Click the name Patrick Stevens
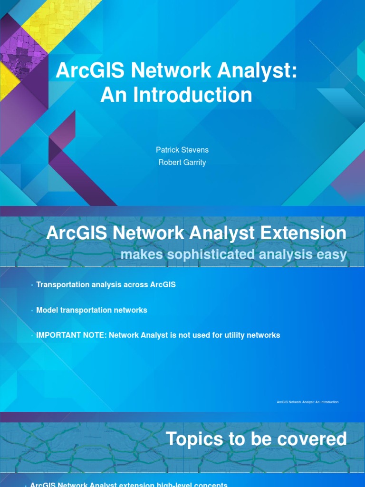182,150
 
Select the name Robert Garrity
182,163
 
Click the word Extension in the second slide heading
299,233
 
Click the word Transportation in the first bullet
60,284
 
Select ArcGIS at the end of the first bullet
163,284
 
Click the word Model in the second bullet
47,310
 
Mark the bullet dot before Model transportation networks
32,311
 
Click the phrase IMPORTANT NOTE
71,335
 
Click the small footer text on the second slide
307,402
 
